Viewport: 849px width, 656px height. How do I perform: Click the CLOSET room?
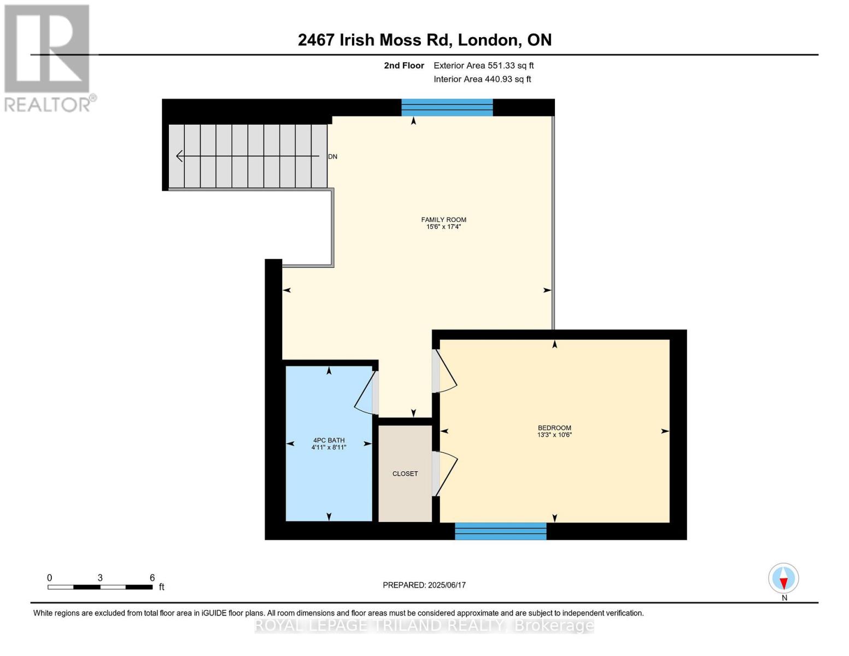pyautogui.click(x=405, y=473)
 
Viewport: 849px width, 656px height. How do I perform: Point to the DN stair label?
pyautogui.click(x=332, y=157)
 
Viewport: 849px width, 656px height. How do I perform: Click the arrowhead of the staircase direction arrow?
pyautogui.click(x=178, y=156)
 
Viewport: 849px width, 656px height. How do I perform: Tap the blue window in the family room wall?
pyautogui.click(x=447, y=107)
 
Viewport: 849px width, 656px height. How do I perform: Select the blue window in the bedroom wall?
pyautogui.click(x=500, y=531)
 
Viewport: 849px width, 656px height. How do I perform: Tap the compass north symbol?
pyautogui.click(x=783, y=578)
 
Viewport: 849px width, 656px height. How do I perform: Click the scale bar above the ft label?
pyautogui.click(x=100, y=587)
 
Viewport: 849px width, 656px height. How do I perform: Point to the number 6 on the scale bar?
pyautogui.click(x=152, y=578)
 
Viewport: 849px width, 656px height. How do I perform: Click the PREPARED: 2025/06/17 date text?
pyautogui.click(x=424, y=585)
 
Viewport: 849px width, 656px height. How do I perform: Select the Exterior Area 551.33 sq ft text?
pyautogui.click(x=483, y=66)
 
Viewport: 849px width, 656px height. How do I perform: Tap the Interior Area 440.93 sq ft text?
pyautogui.click(x=482, y=79)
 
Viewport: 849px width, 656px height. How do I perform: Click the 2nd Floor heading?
pyautogui.click(x=404, y=66)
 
